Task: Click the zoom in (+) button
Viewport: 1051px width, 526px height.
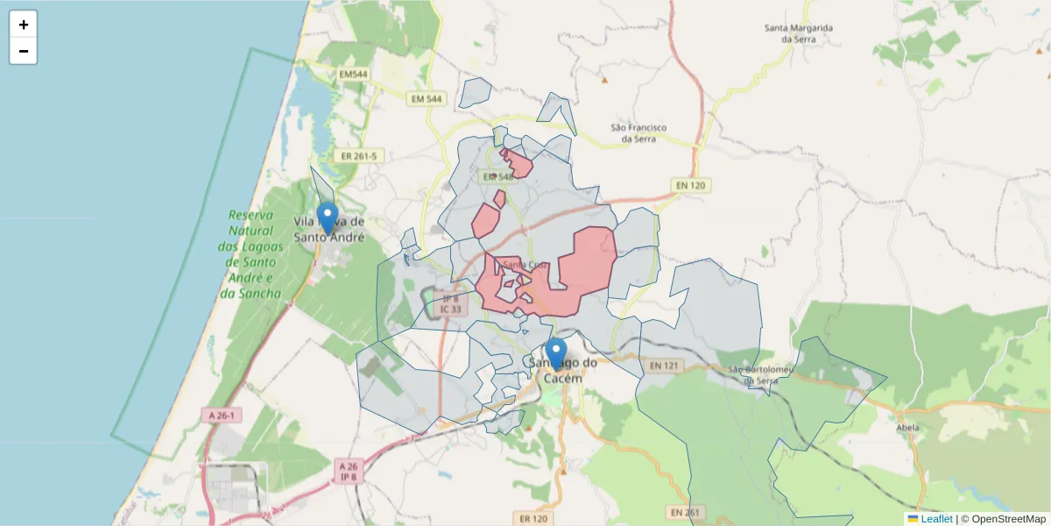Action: point(24,25)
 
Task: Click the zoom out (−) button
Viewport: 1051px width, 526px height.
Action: point(24,51)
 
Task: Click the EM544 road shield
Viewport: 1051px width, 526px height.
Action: point(352,75)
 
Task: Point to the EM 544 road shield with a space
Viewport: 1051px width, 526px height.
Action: point(427,99)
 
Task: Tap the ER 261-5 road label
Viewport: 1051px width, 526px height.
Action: point(359,156)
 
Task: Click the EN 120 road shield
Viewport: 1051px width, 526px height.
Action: point(692,185)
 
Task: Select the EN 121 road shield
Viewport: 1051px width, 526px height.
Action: point(664,365)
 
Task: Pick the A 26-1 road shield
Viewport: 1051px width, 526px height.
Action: point(222,414)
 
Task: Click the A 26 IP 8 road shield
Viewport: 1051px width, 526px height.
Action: point(349,472)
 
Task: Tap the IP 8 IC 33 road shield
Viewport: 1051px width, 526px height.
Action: point(450,304)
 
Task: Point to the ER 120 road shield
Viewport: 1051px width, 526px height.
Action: point(533,519)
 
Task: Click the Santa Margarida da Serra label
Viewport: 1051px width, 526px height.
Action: point(798,33)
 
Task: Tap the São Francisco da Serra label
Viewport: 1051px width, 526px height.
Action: point(638,133)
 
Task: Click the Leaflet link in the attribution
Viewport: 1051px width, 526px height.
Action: point(935,519)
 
